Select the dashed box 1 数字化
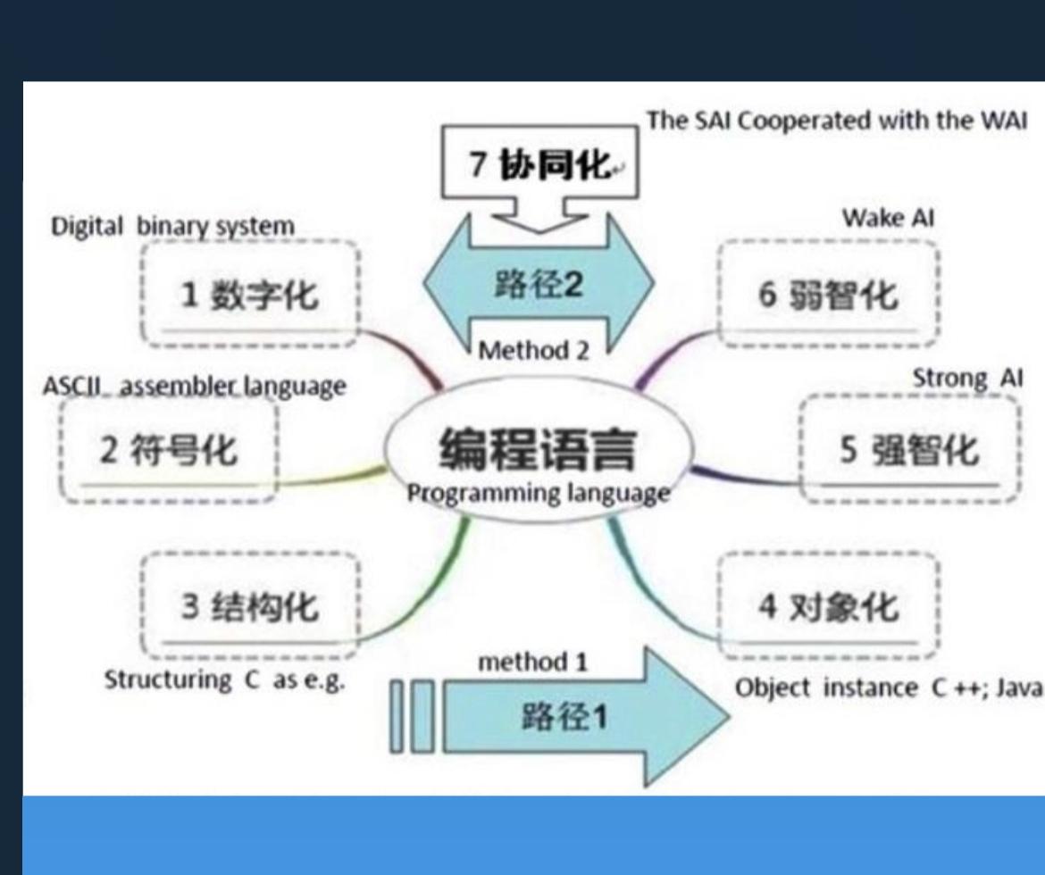click(x=250, y=292)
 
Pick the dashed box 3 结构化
click(x=250, y=607)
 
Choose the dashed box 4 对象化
click(x=828, y=607)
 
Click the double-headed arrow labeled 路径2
click(x=539, y=284)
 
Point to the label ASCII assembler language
click(x=194, y=387)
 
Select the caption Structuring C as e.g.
click(x=225, y=679)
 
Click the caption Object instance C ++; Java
click(x=888, y=688)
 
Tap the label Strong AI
click(x=967, y=379)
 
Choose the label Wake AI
click(x=888, y=219)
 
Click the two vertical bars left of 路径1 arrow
click(x=413, y=716)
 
